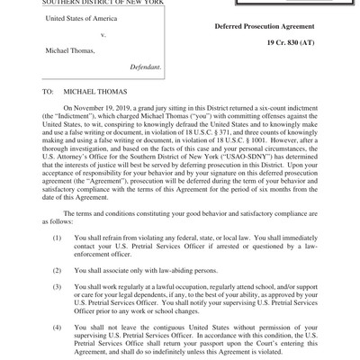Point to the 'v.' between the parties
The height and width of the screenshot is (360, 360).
103,35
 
